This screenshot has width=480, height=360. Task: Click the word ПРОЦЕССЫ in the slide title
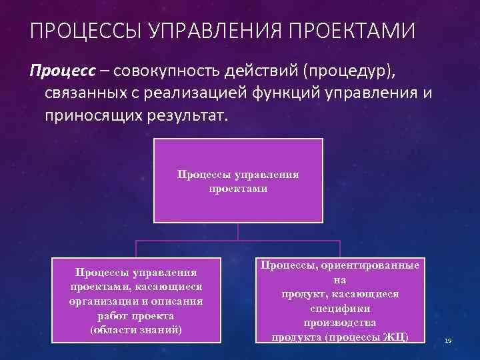[77, 31]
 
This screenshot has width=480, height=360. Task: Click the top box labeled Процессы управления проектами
[238, 180]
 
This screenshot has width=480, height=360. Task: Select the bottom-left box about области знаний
[136, 301]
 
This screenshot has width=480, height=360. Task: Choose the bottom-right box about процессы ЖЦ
[339, 301]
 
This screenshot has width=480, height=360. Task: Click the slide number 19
[448, 341]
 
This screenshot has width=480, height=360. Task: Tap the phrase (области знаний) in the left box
[136, 329]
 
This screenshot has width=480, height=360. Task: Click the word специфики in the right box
[340, 309]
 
